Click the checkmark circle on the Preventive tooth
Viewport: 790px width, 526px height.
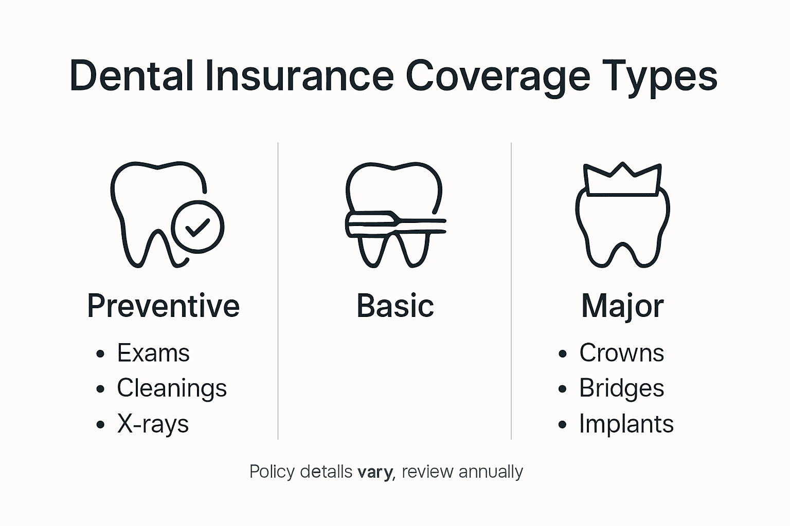point(197,227)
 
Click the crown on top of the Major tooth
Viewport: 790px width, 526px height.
point(622,180)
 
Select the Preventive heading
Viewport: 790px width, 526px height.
point(163,306)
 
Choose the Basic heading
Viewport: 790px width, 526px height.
point(395,306)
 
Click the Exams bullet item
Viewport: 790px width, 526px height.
point(153,353)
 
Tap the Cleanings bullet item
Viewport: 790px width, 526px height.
point(172,389)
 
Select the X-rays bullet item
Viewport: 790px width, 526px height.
point(153,424)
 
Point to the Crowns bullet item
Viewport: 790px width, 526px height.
point(621,353)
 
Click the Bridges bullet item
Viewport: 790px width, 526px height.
point(621,389)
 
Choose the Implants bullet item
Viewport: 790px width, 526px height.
point(626,424)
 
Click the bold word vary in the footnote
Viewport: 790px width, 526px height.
point(375,472)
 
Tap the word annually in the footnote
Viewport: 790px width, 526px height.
point(491,472)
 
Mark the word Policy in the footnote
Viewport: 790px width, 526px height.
point(273,472)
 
